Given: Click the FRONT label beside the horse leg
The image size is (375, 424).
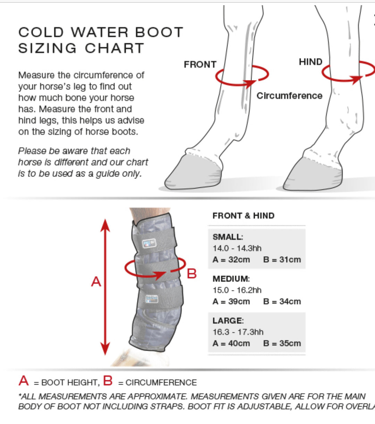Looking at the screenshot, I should (200, 65).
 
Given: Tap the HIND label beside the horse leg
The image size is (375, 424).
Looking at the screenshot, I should (310, 62).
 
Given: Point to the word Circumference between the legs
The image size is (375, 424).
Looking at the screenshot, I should (289, 96).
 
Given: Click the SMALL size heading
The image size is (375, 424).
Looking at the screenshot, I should (228, 237).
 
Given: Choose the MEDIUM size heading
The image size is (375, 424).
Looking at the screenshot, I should (231, 279).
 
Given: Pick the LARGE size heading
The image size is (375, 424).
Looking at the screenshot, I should (228, 321).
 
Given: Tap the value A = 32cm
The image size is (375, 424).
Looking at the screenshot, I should (231, 260).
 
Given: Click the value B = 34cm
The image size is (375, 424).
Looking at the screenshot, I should (282, 302).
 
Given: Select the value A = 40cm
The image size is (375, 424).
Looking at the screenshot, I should (231, 344).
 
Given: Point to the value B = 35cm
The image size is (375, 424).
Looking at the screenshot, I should (282, 344).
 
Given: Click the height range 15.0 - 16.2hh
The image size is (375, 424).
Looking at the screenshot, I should (237, 290).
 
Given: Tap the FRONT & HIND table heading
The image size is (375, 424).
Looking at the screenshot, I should (243, 216).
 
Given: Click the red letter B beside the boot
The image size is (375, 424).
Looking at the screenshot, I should (192, 273).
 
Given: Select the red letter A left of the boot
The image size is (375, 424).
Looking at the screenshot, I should (96, 281).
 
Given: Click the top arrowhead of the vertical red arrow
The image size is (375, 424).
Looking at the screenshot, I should (105, 225).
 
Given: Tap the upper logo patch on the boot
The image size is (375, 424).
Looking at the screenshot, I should (150, 243).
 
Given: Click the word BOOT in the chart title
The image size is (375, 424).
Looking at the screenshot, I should (159, 32).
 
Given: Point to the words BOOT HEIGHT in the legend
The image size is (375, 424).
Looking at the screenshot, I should (69, 382).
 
